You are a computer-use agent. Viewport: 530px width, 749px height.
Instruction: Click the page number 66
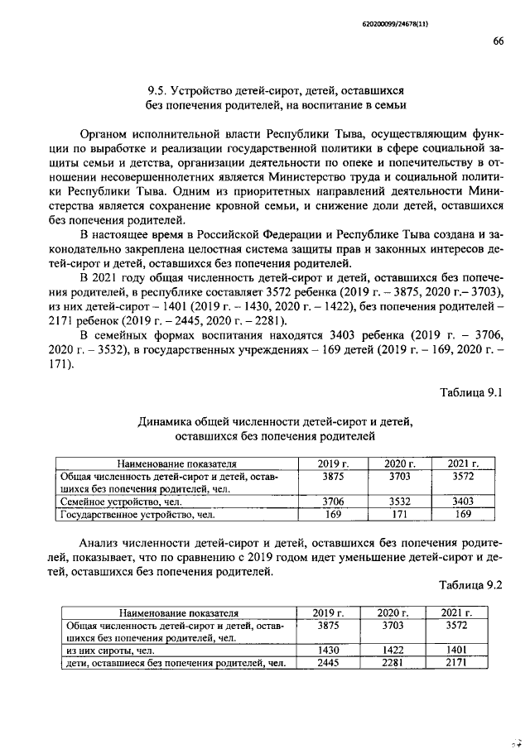[x=498, y=42]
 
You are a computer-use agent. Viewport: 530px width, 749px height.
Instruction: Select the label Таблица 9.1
[x=477, y=392]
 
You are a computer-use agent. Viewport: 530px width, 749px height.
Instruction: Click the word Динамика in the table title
[x=162, y=422]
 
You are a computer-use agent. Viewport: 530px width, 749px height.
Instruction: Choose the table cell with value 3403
[x=463, y=502]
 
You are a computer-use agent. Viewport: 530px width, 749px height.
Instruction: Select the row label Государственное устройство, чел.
[x=133, y=515]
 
